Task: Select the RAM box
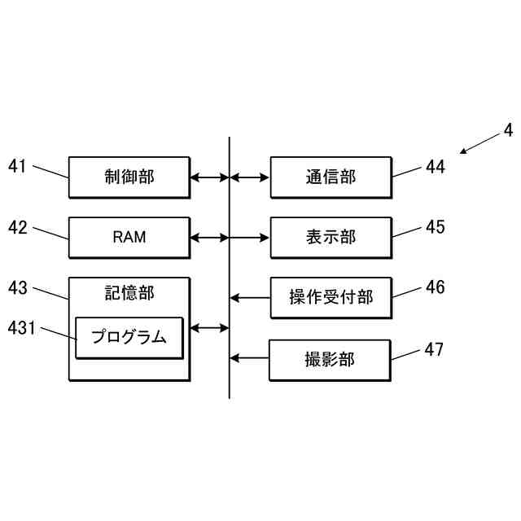129,237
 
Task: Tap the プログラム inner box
129,337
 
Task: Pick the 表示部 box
331,237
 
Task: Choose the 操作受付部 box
331,297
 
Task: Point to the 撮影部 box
330,359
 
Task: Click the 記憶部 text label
129,293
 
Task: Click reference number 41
18,166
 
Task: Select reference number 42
18,227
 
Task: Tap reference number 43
18,287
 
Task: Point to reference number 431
21,327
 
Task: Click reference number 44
436,167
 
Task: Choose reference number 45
436,227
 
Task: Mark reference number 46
436,287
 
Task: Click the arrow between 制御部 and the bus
209,177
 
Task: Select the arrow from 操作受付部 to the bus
250,298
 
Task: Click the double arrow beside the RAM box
209,238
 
